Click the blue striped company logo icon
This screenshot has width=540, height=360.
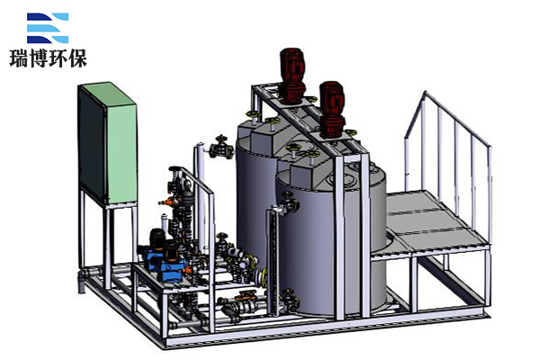(48, 28)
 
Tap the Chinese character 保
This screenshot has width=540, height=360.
(77, 58)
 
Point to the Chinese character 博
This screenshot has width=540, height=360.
(39, 58)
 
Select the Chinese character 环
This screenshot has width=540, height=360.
(58, 58)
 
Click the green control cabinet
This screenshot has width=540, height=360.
(107, 143)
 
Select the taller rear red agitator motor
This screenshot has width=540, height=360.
(292, 76)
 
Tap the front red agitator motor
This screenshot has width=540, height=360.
(332, 110)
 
